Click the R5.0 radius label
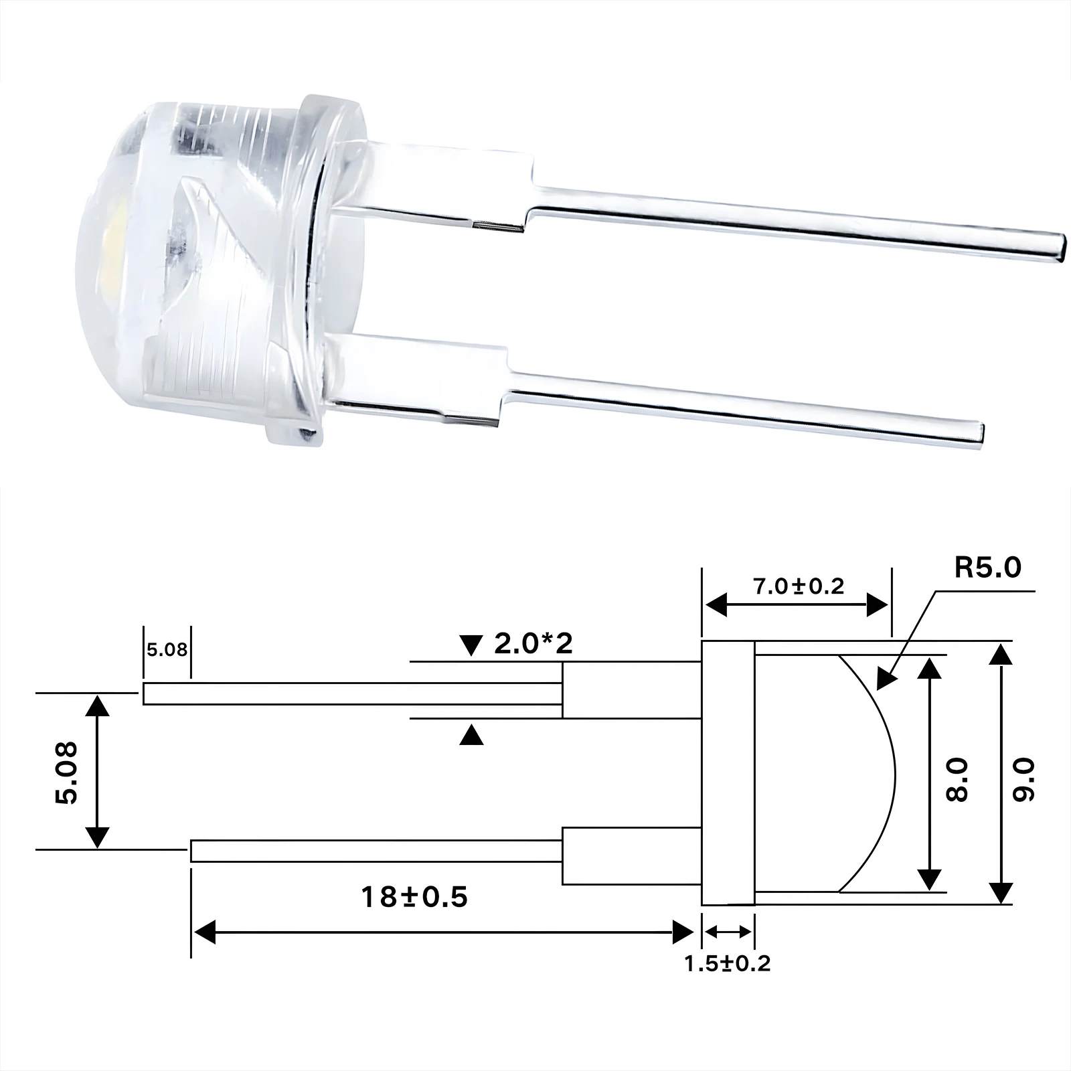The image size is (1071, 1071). (987, 568)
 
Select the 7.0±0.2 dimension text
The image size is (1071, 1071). (798, 586)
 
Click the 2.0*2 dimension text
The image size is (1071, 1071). (533, 644)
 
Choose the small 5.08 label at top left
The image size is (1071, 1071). (167, 649)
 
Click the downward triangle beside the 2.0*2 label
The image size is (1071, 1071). (472, 646)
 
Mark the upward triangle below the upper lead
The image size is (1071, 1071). (472, 736)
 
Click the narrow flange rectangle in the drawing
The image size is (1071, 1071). (728, 773)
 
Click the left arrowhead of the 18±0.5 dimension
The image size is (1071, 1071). (204, 931)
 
